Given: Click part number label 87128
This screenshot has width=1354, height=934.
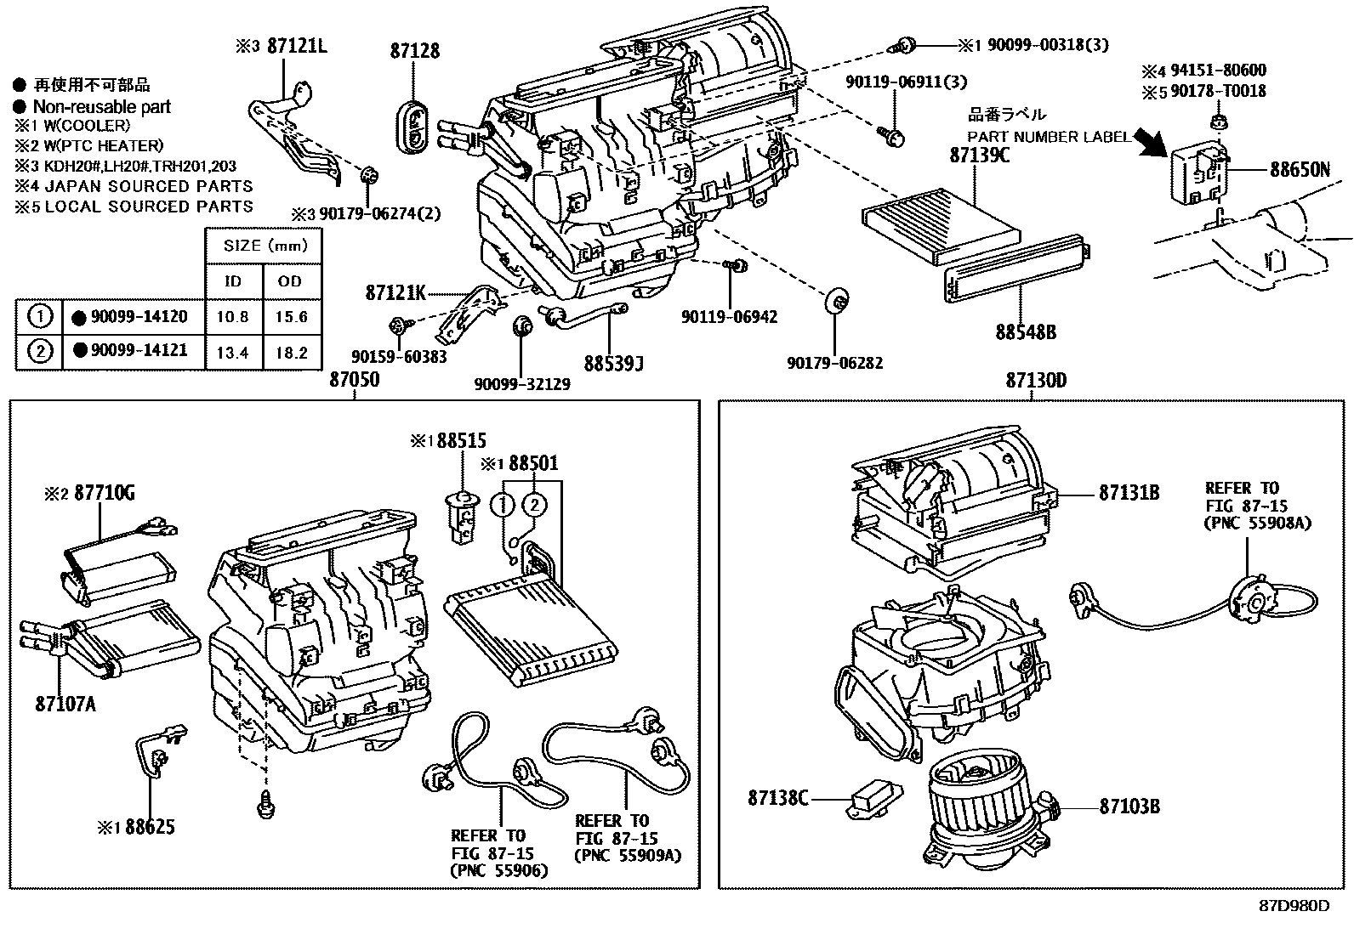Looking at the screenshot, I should pyautogui.click(x=415, y=51).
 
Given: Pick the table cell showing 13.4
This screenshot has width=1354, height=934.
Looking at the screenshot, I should pyautogui.click(x=232, y=352).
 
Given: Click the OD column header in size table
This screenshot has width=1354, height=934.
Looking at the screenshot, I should pyautogui.click(x=290, y=281).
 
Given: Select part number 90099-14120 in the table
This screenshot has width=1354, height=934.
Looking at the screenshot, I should pyautogui.click(x=139, y=317).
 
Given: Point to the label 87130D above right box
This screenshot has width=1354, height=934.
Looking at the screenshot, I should pyautogui.click(x=1035, y=381).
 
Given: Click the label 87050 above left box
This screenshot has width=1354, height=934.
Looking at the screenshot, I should pyautogui.click(x=355, y=380).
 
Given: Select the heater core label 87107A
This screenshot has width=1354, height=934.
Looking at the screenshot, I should pyautogui.click(x=65, y=704).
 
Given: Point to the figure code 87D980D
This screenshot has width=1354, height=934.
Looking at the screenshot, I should pyautogui.click(x=1294, y=905).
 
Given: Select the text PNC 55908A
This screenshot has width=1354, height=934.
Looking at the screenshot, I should pyautogui.click(x=1257, y=524).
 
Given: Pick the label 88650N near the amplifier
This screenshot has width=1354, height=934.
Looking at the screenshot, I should pyautogui.click(x=1300, y=169).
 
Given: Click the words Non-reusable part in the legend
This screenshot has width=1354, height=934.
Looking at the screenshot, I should pyautogui.click(x=101, y=107).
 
